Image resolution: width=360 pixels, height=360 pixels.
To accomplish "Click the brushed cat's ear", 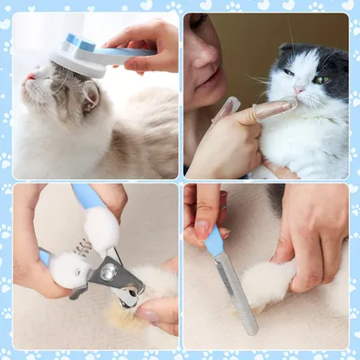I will click(91, 97).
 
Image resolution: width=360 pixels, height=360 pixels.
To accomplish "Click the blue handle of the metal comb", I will click(214, 241).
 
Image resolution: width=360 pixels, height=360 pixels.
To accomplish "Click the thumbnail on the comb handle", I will click(206, 226).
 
